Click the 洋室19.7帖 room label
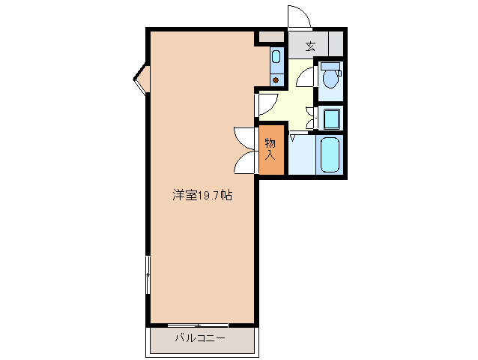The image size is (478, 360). point(202,196)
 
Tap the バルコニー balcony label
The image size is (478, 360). point(200,338)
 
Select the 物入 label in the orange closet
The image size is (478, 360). point(270,149)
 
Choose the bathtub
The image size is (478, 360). point(330,155)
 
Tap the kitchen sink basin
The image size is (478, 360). point(276,55)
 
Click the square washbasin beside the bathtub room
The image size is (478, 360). point(330,118)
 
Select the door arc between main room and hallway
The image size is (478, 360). point(268,104)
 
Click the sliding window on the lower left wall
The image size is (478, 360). point(148,277)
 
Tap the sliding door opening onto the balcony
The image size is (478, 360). point(199,325)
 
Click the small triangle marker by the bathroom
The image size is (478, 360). point(293,136)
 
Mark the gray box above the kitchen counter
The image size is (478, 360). point(270,36)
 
